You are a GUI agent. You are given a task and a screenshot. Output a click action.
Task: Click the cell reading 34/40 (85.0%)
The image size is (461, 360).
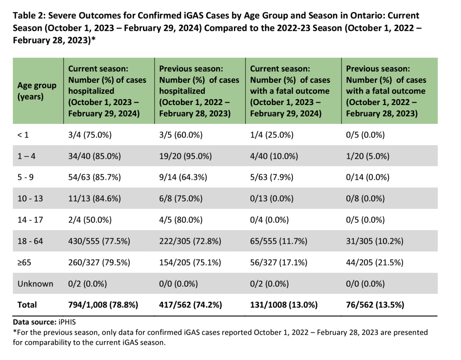point(94,156)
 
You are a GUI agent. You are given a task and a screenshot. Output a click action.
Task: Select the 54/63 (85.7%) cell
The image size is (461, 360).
point(94,177)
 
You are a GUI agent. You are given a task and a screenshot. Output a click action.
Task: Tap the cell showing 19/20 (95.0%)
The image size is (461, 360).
point(185,156)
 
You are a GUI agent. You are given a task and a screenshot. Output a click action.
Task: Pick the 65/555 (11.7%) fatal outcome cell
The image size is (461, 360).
point(278,241)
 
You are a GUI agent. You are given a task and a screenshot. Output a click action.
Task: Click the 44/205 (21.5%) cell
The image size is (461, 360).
point(375,262)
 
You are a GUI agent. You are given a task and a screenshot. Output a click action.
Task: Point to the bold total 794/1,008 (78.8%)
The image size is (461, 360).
point(103,305)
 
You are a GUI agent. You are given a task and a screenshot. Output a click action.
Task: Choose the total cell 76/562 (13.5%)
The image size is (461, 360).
point(375,305)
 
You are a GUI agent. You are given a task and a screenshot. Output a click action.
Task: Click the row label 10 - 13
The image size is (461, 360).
point(30,199)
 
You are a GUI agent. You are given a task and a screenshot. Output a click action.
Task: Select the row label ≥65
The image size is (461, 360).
point(24,262)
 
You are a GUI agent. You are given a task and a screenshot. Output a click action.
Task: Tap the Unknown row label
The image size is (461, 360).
point(35,284)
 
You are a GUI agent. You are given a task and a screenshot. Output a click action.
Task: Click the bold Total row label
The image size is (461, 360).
point(27,305)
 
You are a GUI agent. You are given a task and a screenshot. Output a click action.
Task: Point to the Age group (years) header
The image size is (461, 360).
point(37,91)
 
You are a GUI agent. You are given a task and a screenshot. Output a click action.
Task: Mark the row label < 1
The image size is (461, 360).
point(23,135)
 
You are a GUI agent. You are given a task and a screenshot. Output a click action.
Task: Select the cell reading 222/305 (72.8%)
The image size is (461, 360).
point(190,241)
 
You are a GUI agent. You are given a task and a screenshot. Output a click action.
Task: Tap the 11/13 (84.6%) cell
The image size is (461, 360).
point(94,199)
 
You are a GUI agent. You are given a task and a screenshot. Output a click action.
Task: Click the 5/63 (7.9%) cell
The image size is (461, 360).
point(271,177)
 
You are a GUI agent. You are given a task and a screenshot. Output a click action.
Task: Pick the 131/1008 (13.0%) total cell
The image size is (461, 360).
point(284,305)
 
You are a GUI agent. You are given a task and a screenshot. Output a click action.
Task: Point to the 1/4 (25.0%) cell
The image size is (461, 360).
point(271,135)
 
